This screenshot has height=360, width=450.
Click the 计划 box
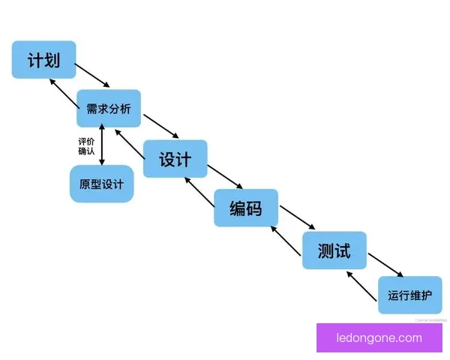pos(43,59)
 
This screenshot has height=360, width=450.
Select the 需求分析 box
pos(108,109)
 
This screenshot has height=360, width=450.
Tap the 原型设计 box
pos(101,184)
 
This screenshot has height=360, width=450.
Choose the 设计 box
pos(175,159)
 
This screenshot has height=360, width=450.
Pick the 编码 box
pos(246,208)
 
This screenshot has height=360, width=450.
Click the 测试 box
pos(334,250)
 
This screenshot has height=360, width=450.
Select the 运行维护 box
pos(409,295)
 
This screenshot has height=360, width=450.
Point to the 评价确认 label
pos(86,146)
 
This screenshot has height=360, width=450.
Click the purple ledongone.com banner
pos(379,337)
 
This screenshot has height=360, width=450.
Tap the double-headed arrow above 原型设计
pos(101,146)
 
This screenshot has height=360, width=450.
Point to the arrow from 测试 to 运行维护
pos(385,265)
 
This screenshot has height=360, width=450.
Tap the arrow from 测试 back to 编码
pos(286,241)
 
